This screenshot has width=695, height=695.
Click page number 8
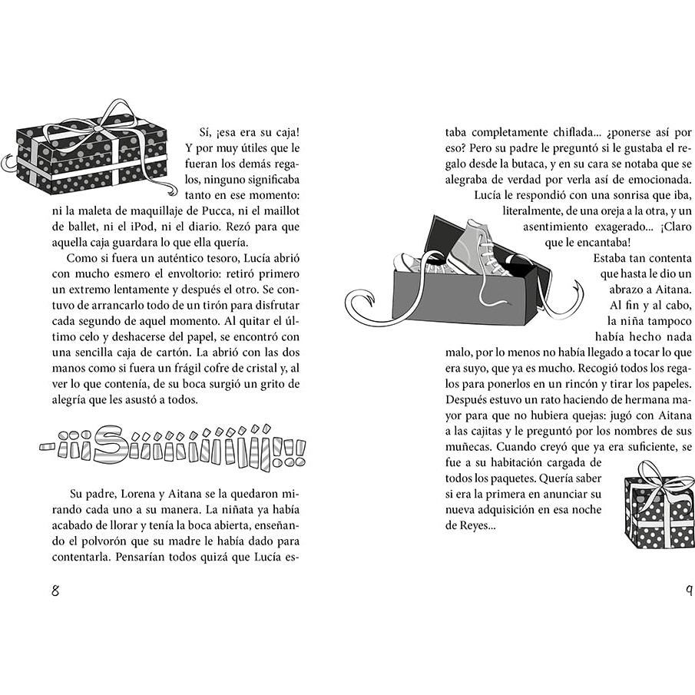click(x=55, y=591)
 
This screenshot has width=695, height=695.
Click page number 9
click(x=689, y=591)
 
